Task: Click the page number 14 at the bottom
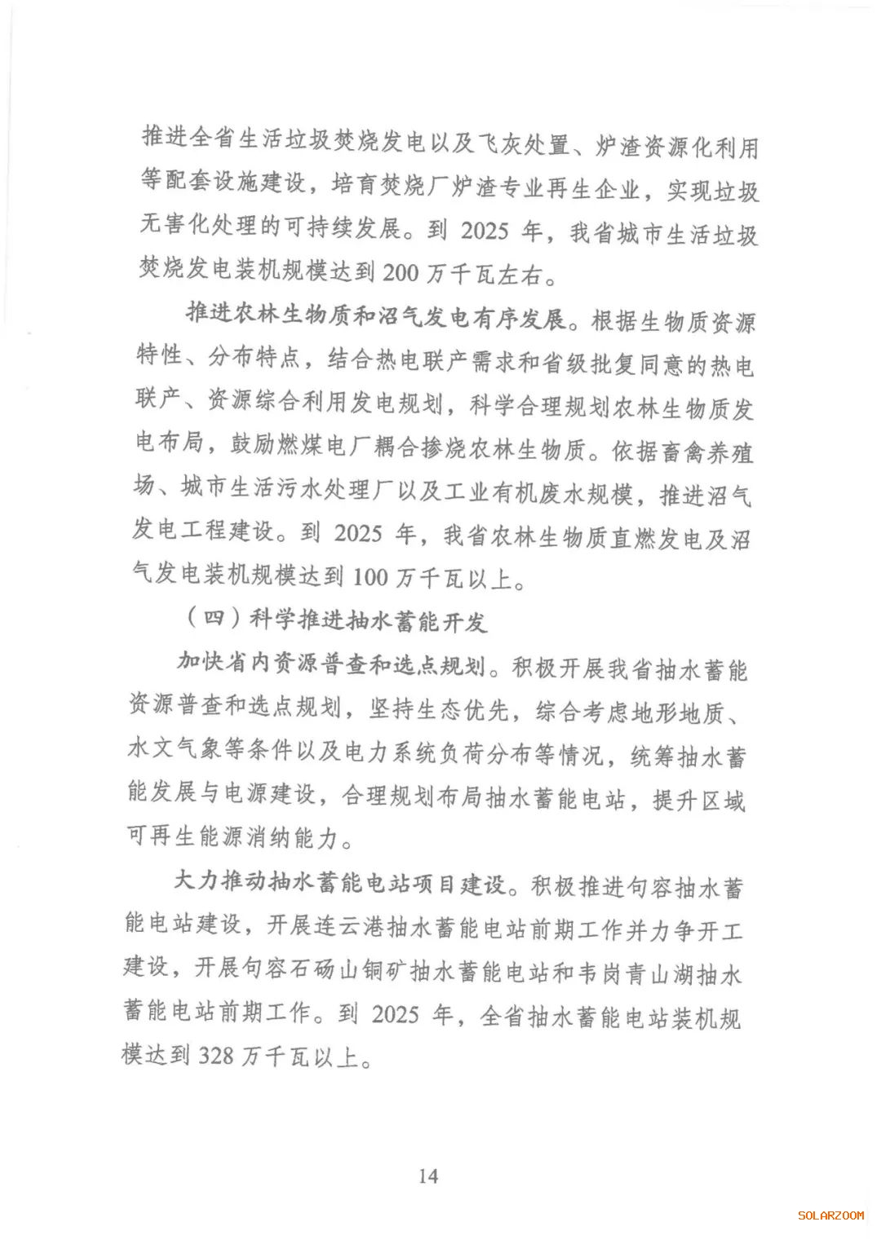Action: [x=428, y=1175]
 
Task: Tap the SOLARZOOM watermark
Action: [x=830, y=1215]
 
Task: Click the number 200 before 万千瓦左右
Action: [x=400, y=272]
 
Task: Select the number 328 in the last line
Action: [x=216, y=1056]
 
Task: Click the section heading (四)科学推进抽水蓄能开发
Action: [x=336, y=621]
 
